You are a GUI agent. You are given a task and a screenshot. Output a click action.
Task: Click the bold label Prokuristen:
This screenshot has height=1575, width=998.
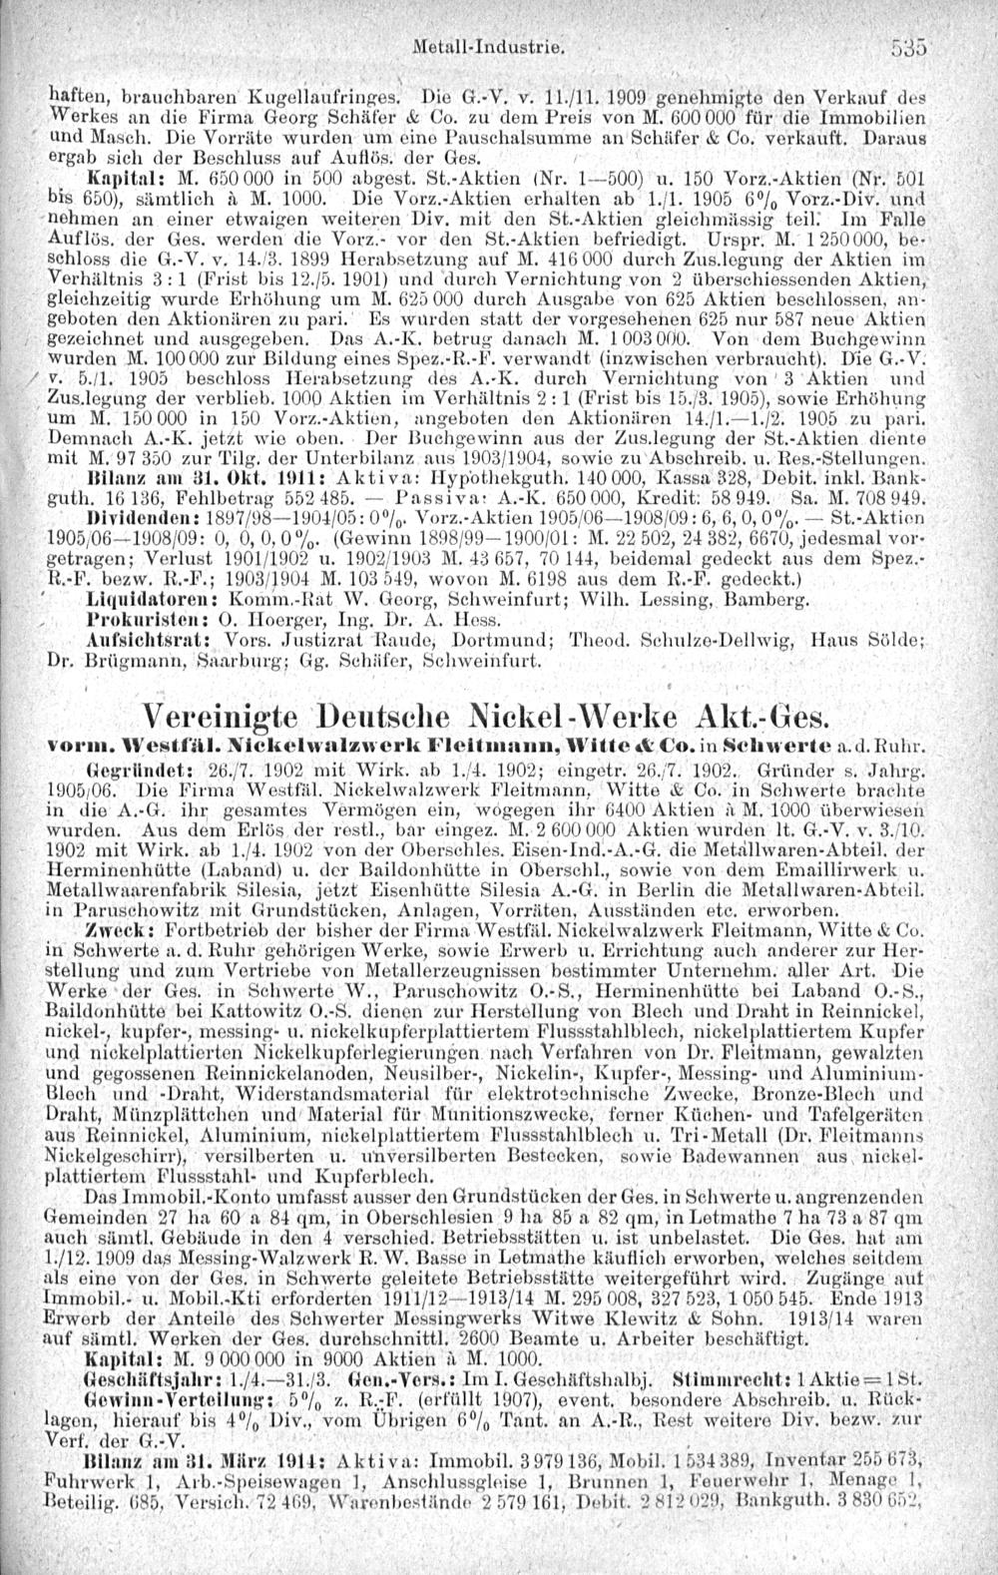pyautogui.click(x=143, y=624)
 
